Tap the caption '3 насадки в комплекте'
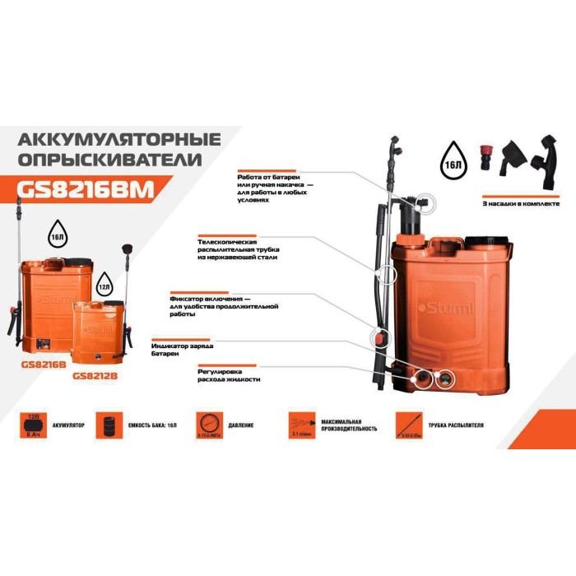coord(520,202)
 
